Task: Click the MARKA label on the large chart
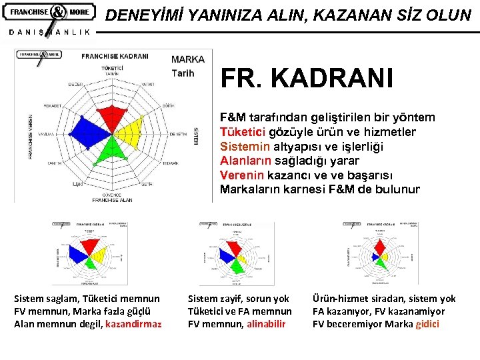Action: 188,60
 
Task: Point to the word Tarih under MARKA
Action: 183,73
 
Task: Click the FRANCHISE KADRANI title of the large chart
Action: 115,57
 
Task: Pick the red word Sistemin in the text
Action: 245,146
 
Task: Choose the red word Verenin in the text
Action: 242,175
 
